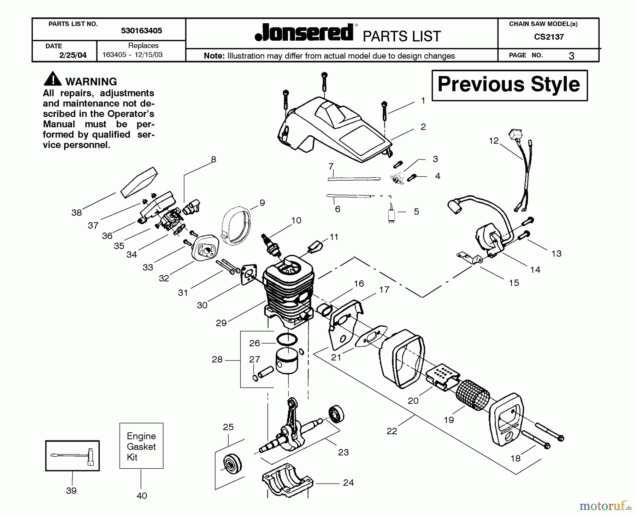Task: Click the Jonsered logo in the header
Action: pos(304,33)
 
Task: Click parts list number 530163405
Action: pos(141,31)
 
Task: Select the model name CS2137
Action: pos(549,37)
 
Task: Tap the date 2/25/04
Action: pos(73,55)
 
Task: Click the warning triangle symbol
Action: pos(52,79)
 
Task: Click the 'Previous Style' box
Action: pos(509,85)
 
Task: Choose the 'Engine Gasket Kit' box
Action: pos(141,446)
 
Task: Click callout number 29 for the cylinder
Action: pos(221,323)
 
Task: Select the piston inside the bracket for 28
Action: pos(287,361)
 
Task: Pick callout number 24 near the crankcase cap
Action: pos(348,483)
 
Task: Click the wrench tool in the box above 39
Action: pos(72,456)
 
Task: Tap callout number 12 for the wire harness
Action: pos(494,141)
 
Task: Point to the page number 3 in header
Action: pos(571,56)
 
